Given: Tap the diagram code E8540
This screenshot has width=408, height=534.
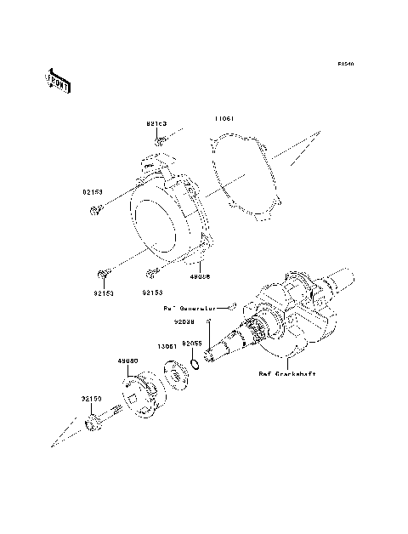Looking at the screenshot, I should coord(344,64).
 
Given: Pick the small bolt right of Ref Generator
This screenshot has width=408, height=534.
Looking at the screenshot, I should coord(232,304).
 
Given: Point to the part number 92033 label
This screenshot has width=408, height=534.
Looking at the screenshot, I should coord(186,322).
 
